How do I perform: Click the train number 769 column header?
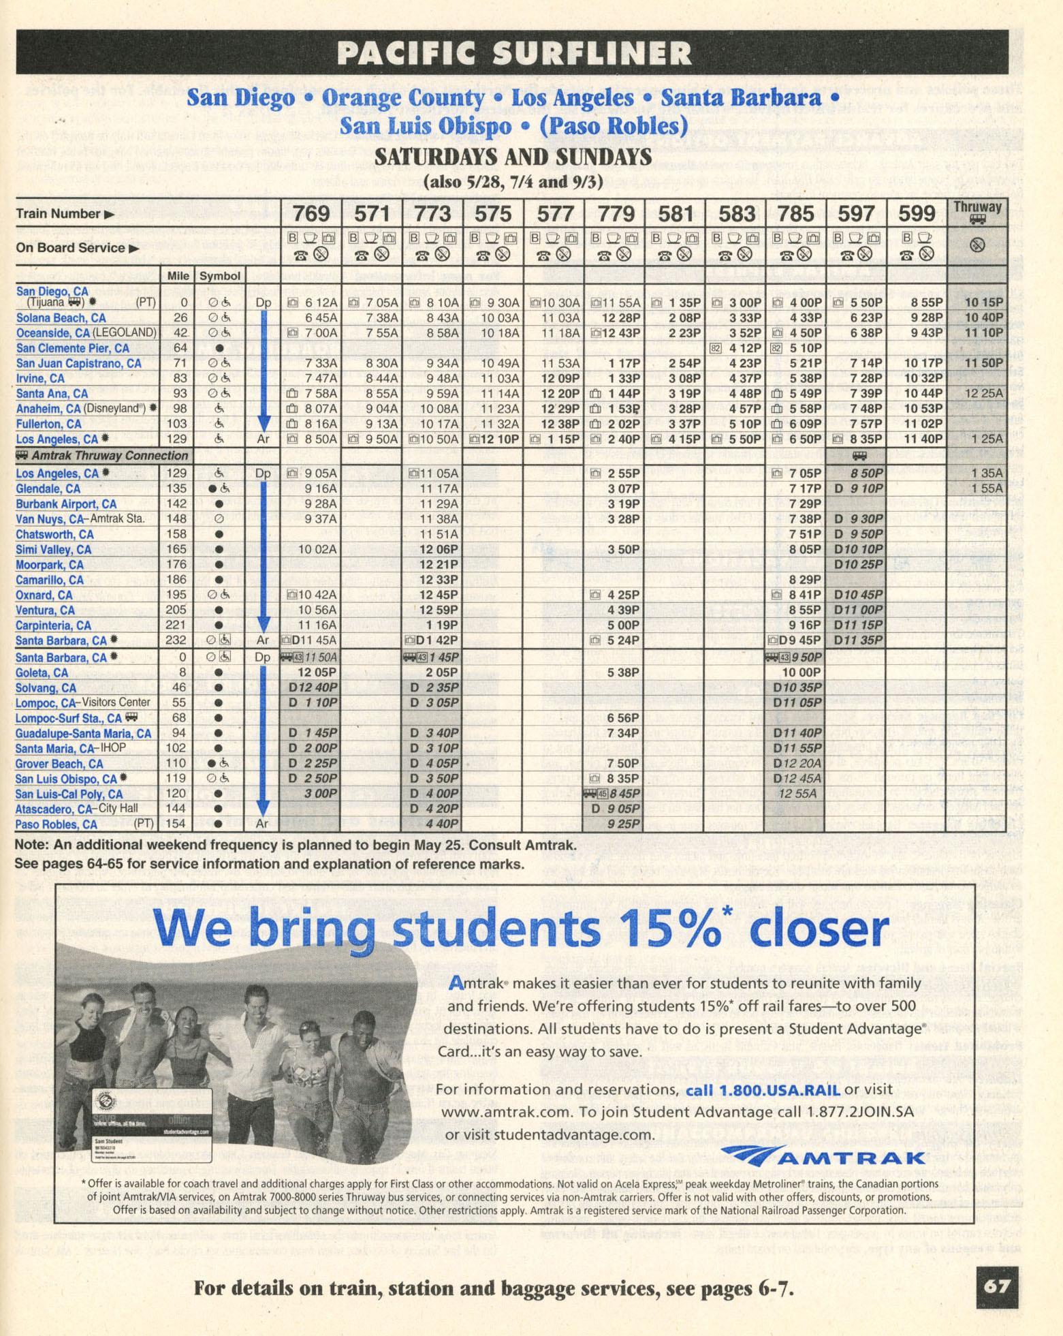click(311, 214)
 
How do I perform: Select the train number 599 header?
click(916, 214)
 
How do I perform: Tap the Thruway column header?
click(977, 212)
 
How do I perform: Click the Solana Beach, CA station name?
click(61, 318)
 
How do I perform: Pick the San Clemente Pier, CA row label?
click(72, 348)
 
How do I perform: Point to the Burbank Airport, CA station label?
click(66, 504)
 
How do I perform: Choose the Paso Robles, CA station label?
click(56, 824)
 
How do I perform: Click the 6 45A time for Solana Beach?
click(321, 318)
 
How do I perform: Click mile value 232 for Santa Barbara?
click(176, 640)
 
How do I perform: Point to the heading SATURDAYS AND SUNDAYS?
click(513, 157)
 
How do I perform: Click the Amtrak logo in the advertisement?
click(823, 1157)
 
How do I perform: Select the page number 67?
click(996, 1286)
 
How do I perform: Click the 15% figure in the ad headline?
click(670, 927)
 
